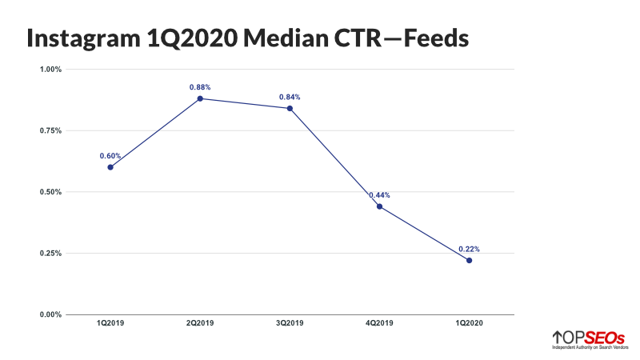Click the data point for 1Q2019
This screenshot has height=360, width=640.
[x=110, y=167]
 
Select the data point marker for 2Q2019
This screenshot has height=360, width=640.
[x=200, y=98]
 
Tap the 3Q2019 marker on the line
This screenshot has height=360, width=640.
[x=290, y=108]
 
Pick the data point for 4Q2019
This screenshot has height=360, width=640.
[x=379, y=206]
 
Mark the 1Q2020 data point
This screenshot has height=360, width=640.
[x=469, y=260]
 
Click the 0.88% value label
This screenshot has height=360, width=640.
[x=200, y=86]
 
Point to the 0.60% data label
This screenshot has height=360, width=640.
[x=110, y=155]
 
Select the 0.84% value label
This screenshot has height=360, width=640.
[x=290, y=97]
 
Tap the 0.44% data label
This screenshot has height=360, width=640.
[x=379, y=195]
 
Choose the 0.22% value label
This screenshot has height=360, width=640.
[x=469, y=249]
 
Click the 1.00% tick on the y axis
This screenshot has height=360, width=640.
[x=50, y=70]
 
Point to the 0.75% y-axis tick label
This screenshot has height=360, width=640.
[x=50, y=130]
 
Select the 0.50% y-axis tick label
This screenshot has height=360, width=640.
[x=50, y=192]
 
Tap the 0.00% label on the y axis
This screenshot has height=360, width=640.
[x=50, y=314]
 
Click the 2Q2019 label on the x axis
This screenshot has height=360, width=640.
[x=200, y=324]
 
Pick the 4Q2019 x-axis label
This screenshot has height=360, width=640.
[x=379, y=324]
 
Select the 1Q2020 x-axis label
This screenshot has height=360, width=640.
[x=469, y=324]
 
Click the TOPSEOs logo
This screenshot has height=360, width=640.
[x=588, y=339]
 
